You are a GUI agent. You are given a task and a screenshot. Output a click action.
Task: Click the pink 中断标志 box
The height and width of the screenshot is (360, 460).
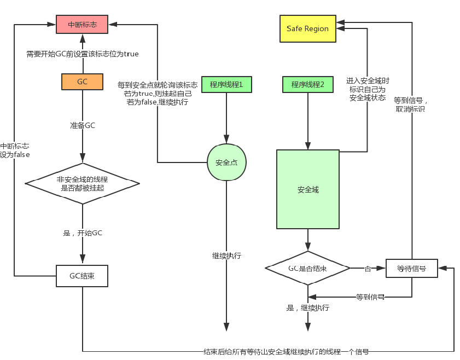82,24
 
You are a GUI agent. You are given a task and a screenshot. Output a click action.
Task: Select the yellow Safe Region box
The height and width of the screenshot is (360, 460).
307,28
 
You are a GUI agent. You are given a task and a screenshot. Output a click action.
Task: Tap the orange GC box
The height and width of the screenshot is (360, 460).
82,82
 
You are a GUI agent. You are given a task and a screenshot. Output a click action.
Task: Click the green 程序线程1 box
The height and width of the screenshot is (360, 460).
226,84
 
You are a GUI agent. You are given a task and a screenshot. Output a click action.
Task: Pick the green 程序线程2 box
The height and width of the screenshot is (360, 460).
307,85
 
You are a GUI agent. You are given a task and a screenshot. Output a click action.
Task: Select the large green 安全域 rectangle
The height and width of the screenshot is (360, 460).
307,189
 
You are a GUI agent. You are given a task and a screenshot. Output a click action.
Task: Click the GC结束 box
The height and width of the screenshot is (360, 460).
82,276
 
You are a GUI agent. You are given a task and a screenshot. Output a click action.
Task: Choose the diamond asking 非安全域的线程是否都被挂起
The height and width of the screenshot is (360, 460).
82,183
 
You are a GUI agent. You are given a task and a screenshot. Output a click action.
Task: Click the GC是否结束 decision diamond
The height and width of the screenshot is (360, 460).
307,269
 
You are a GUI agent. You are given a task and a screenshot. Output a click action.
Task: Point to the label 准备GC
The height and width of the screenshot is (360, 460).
82,125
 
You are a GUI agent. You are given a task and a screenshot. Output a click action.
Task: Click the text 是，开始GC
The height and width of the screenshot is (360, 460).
82,233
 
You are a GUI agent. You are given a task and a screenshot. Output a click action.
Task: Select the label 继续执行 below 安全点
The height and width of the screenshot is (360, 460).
226,256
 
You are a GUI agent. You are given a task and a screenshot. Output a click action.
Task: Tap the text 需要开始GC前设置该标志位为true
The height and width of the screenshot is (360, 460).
82,54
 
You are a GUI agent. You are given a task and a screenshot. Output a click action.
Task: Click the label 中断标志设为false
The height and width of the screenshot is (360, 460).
15,150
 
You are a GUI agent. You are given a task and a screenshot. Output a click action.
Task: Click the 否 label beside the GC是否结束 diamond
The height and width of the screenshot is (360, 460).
368,269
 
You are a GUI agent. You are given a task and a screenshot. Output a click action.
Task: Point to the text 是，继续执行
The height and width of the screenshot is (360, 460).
307,308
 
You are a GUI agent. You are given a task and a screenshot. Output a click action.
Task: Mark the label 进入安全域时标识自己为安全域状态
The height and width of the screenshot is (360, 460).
367,89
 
